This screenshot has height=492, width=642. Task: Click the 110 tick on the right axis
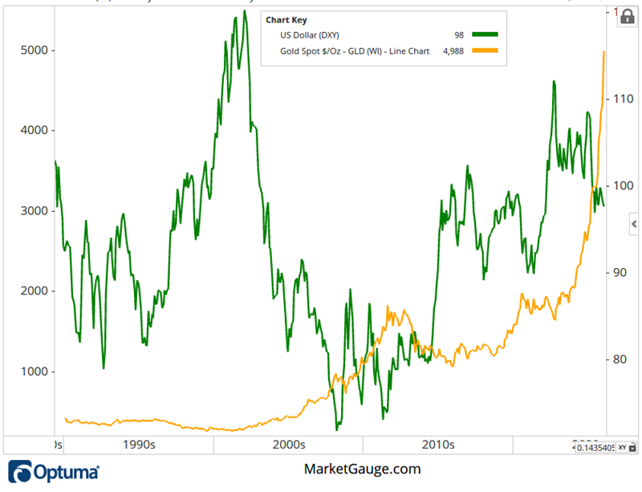pos(624,99)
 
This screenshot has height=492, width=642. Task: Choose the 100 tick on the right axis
pos(624,185)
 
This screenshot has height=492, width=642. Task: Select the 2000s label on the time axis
pos(289,444)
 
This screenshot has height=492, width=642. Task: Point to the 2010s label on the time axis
pos(438,444)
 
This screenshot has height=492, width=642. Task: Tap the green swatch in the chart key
pos(485,35)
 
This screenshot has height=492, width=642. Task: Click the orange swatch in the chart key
pos(485,51)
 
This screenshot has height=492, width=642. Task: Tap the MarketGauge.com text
pos(362,470)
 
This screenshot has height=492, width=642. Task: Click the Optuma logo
pos(54,472)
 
